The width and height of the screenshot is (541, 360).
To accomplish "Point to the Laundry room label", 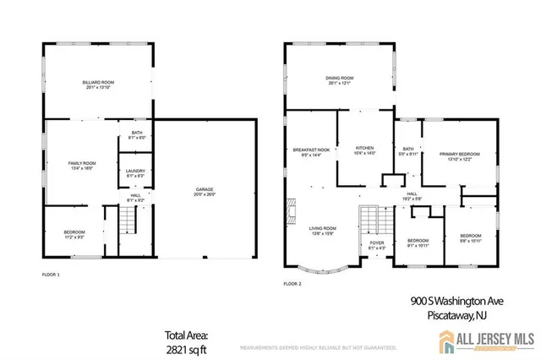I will click(135, 174).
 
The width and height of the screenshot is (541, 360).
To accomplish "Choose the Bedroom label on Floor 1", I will click(74, 236).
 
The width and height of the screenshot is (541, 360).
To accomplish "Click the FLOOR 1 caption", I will click(52, 275).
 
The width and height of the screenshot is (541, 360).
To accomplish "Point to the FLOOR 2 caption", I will click(292, 283).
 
